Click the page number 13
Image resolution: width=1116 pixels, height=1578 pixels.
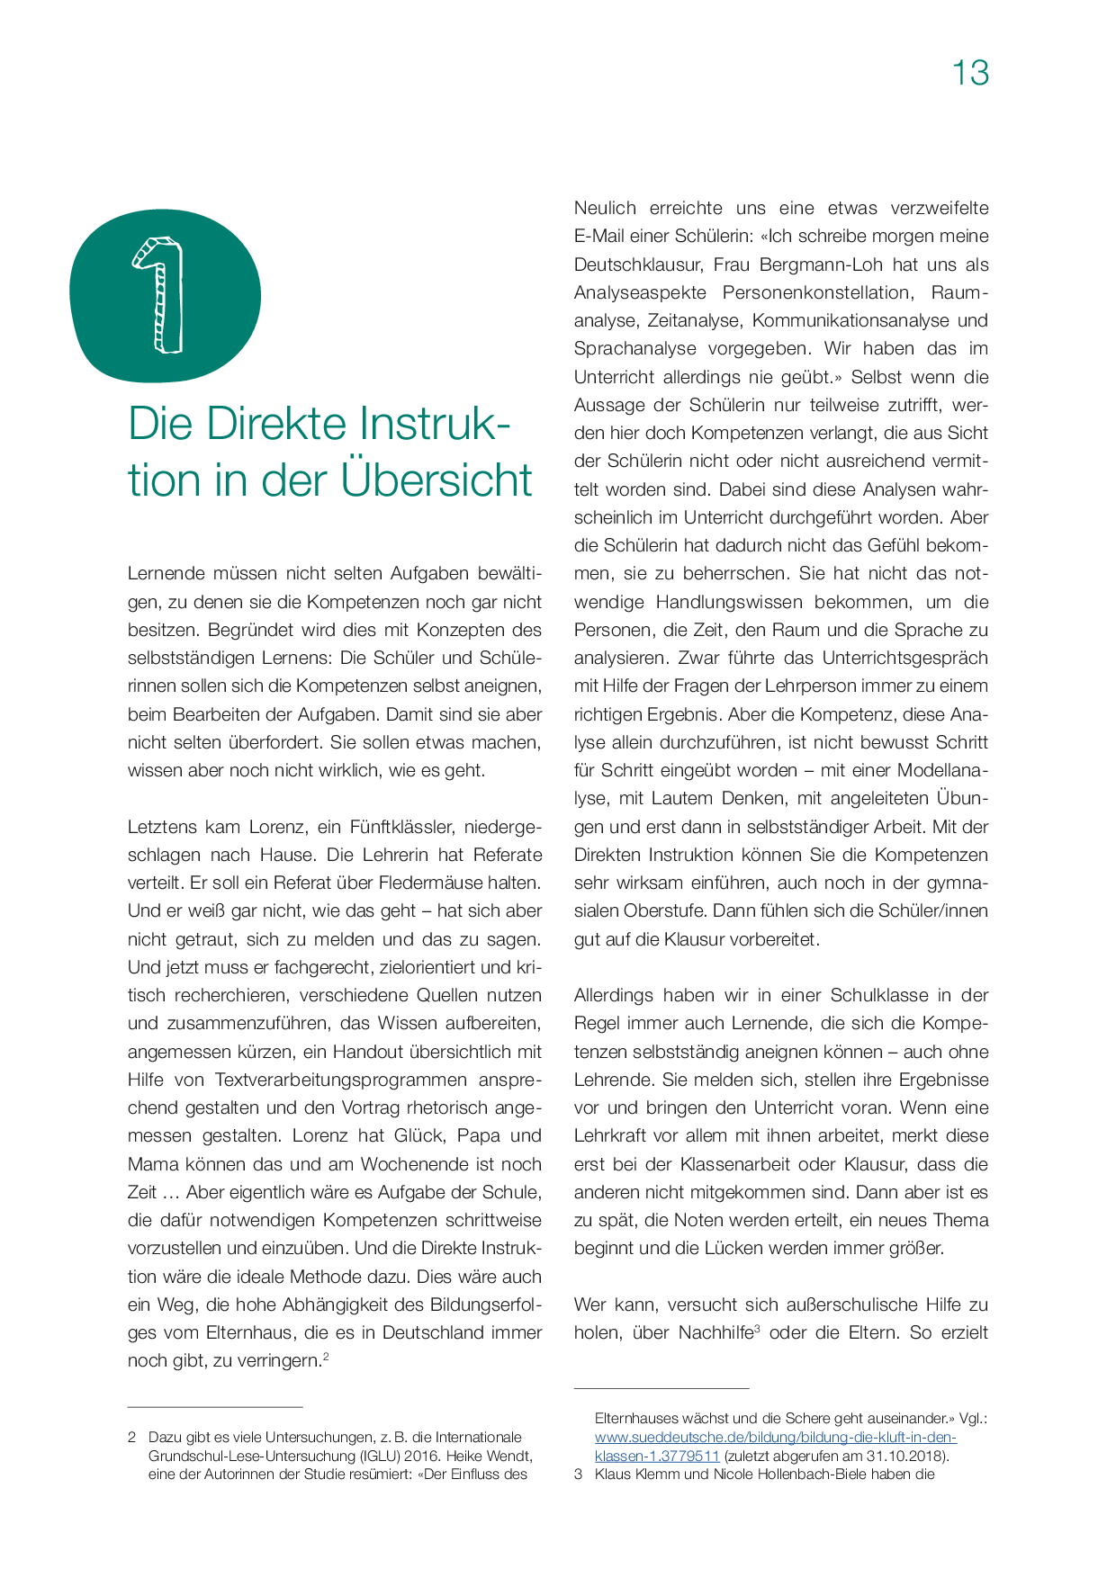(970, 73)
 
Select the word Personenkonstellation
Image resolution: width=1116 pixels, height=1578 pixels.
(817, 292)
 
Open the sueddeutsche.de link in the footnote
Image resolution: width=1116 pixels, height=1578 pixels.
(775, 1437)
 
